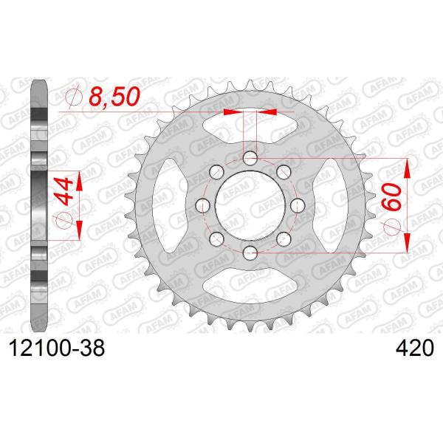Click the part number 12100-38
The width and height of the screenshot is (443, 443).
57,348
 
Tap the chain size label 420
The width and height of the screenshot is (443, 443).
414,348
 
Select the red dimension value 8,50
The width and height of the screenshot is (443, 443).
114,96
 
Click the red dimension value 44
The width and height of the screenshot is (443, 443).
64,191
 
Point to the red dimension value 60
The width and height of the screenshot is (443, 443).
392,196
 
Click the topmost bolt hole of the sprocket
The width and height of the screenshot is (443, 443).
250,158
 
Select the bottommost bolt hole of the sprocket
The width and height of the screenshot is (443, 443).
250,253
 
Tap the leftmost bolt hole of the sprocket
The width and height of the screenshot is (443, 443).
203,205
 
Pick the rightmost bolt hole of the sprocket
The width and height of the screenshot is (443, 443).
298,205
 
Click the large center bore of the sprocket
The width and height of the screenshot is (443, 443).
250,205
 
